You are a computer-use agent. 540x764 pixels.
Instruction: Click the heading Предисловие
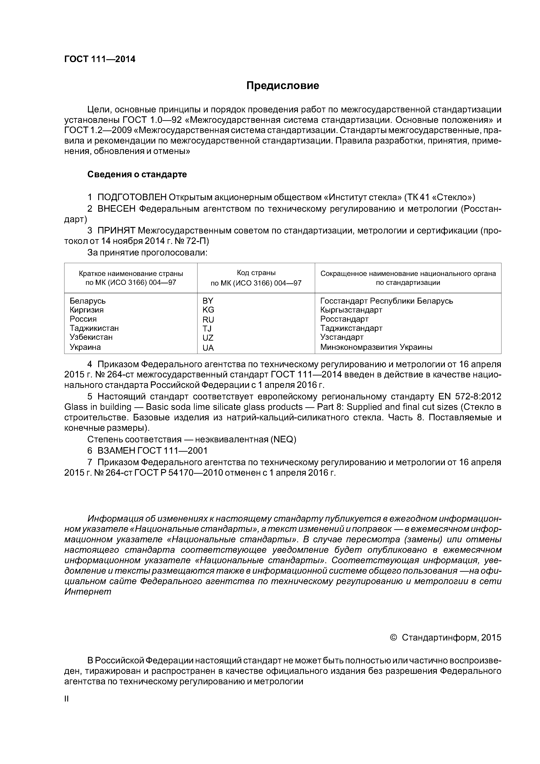point(282,86)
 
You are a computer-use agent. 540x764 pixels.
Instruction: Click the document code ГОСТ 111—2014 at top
point(100,59)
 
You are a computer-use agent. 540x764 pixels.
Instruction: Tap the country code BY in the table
point(208,301)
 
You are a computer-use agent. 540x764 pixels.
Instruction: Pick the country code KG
point(208,310)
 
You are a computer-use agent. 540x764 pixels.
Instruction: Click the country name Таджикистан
point(94,328)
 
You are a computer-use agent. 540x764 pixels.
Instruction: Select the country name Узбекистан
point(91,337)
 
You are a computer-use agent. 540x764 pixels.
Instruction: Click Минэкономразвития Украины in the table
point(376,347)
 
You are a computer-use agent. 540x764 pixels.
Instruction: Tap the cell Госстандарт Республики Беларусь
point(387,301)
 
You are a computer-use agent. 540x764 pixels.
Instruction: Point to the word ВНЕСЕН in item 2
point(116,209)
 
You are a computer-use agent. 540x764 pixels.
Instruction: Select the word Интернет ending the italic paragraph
point(88,592)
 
